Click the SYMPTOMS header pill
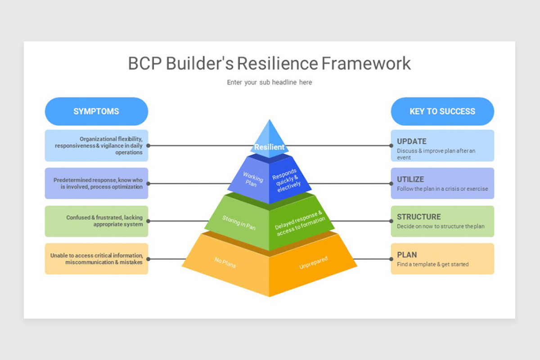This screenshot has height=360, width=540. pyautogui.click(x=96, y=112)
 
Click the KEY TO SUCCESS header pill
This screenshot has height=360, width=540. pyautogui.click(x=442, y=112)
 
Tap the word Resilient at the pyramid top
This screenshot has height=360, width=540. pyautogui.click(x=269, y=147)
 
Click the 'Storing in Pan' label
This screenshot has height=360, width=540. pyautogui.click(x=238, y=223)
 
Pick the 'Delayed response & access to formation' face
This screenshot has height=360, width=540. pyautogui.click(x=300, y=224)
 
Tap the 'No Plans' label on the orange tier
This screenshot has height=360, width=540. pyautogui.click(x=225, y=262)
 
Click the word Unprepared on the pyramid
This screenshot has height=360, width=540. pyautogui.click(x=313, y=263)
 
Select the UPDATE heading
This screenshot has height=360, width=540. pyautogui.click(x=411, y=141)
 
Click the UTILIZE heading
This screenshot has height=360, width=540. pyautogui.click(x=410, y=180)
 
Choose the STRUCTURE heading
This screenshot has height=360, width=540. pyautogui.click(x=418, y=217)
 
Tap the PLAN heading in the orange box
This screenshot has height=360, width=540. pyautogui.click(x=407, y=255)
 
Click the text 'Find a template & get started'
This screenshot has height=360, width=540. pyautogui.click(x=432, y=265)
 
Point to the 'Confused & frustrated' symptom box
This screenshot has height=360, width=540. pyautogui.click(x=96, y=221)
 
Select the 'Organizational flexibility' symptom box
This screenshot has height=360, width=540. pyautogui.click(x=96, y=146)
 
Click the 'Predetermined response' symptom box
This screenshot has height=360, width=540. pyautogui.click(x=96, y=183)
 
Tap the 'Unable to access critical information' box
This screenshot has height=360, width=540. pyautogui.click(x=96, y=259)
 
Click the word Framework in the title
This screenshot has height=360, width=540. pyautogui.click(x=365, y=63)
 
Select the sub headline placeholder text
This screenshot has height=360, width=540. pyautogui.click(x=269, y=82)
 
